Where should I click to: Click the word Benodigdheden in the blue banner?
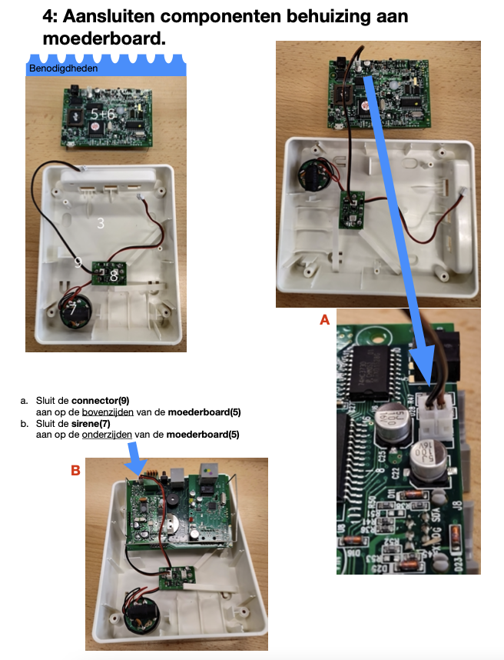pos(63,68)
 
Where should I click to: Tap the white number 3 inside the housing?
pos(101,222)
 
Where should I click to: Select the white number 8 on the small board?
pos(114,276)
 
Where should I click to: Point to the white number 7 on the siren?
pos(73,309)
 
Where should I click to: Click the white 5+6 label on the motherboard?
pos(102,114)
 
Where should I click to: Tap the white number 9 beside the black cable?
pos(78,262)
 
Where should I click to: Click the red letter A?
pos(324,320)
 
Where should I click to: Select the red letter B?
pos(75,470)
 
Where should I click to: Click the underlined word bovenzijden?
pos(108,412)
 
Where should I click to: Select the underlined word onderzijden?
pos(107,435)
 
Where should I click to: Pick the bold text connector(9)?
pos(101,400)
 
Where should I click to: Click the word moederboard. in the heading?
pos(104,38)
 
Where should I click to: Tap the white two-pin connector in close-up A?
pos(436,416)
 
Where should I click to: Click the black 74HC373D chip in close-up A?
pos(372,373)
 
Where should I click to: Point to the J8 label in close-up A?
pos(458,505)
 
